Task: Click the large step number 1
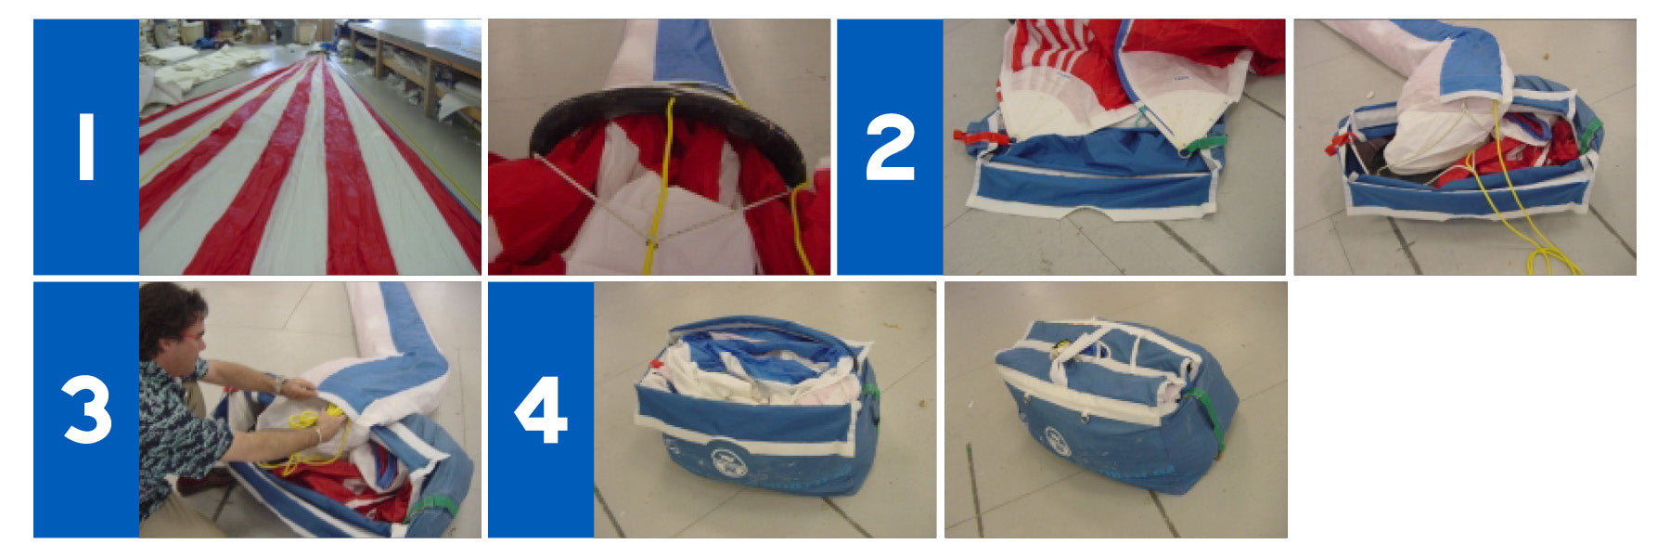click(x=86, y=147)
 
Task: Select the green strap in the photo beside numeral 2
click(x=1203, y=143)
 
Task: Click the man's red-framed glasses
click(x=191, y=333)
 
